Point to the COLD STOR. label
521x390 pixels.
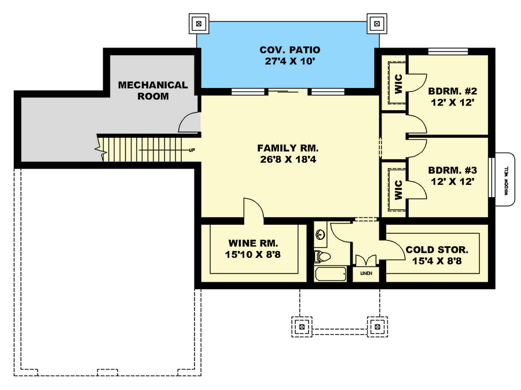point(436,250)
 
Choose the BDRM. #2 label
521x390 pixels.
point(452,91)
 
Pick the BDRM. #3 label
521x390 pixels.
point(452,170)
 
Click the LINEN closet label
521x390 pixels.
point(366,273)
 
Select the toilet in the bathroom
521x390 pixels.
point(322,255)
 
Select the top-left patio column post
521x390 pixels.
point(199,24)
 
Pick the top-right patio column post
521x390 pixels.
point(377,24)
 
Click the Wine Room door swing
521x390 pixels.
point(253,208)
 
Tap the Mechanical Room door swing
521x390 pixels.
point(189,123)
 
